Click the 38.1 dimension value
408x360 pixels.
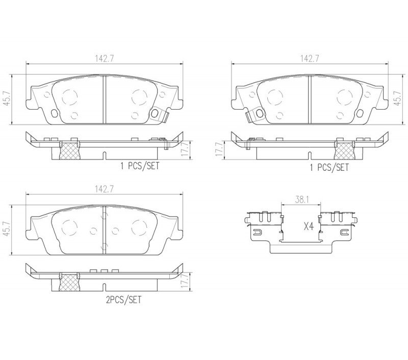click(x=301, y=200)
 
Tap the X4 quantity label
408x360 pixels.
click(x=309, y=226)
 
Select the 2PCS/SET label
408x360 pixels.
click(x=123, y=300)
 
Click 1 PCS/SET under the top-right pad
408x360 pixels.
click(x=329, y=167)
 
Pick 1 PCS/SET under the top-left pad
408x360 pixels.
click(x=139, y=166)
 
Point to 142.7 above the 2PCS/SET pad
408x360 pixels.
click(x=104, y=189)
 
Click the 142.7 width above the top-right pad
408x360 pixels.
click(x=310, y=59)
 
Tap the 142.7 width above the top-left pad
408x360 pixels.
click(x=104, y=59)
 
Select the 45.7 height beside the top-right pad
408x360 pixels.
click(x=398, y=98)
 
